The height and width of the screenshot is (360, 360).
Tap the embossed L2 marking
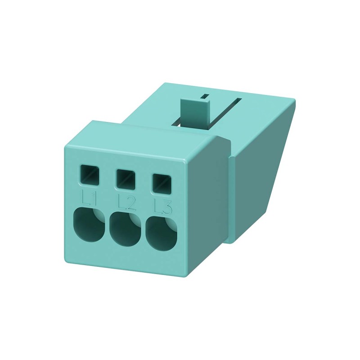[x=126, y=203]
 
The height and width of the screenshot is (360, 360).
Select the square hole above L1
[x=89, y=175]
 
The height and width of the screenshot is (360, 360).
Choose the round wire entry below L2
[x=125, y=229]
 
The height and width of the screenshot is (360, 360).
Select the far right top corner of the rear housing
[x=295, y=100]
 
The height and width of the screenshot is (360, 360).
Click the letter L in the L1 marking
[x=86, y=197]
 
